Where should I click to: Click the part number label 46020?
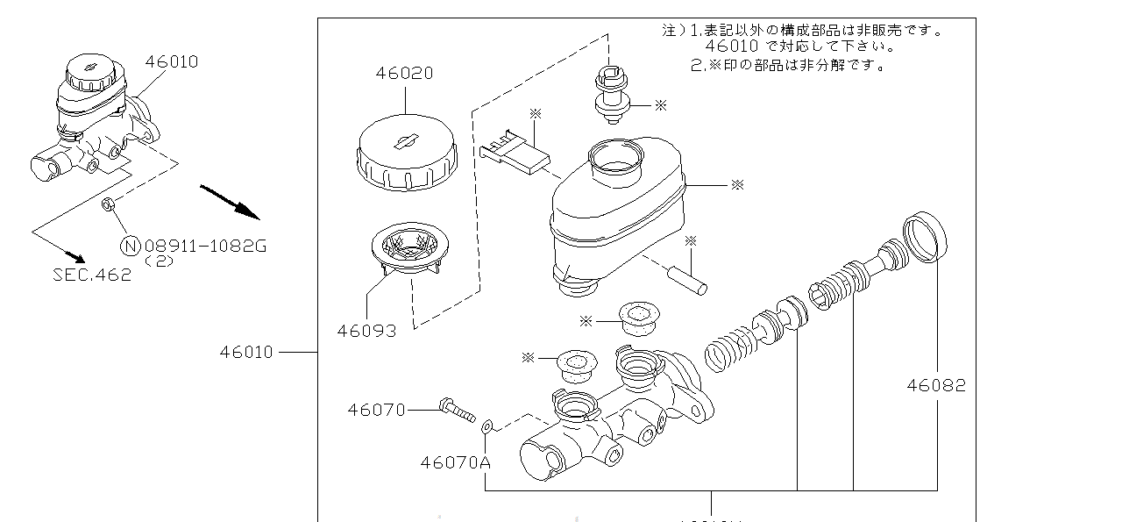click(404, 74)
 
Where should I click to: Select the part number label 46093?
click(366, 331)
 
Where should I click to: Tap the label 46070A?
click(455, 461)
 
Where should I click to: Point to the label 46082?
click(935, 384)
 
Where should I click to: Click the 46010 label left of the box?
click(246, 352)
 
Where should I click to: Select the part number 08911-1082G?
click(204, 246)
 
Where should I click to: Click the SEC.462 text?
click(92, 274)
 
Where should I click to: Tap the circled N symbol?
click(129, 246)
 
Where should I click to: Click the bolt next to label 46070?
click(455, 408)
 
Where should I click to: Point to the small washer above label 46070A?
click(488, 426)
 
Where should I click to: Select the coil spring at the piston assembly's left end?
click(728, 347)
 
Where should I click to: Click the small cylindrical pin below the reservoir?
click(689, 281)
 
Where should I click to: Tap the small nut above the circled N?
click(107, 206)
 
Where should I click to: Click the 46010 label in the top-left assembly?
click(172, 61)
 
